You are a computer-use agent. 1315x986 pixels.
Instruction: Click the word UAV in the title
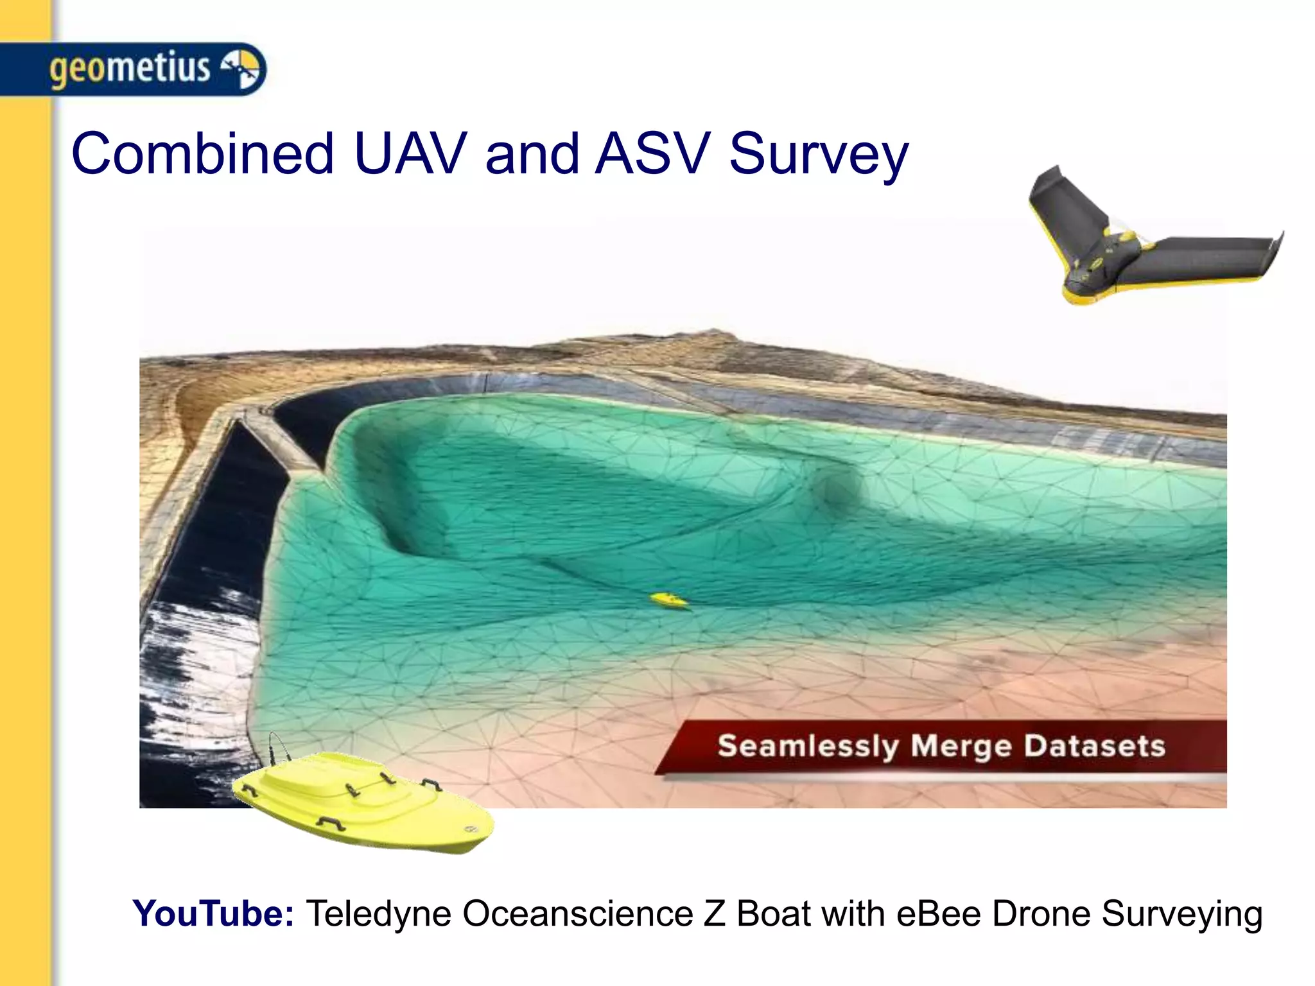coord(410,154)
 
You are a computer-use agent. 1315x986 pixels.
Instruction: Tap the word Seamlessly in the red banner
coord(808,747)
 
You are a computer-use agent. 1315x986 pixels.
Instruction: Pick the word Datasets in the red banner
coord(1094,746)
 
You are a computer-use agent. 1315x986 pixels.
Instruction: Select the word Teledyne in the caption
coord(378,914)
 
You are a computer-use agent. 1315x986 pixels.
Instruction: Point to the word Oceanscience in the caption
coord(577,914)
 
